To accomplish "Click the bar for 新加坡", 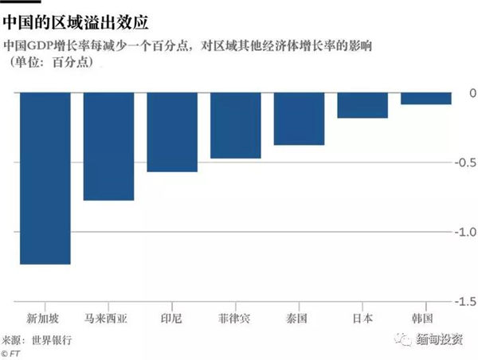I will [x=45, y=178].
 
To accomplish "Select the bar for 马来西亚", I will [x=108, y=146].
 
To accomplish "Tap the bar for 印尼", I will [x=172, y=131].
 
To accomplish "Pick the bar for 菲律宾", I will [x=235, y=125].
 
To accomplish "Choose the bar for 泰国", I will [x=299, y=119].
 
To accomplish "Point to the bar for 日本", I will [x=362, y=105].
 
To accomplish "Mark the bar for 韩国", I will [x=425, y=99].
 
